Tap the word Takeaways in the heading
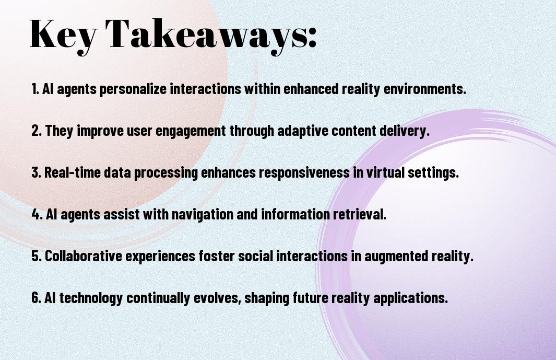pyautogui.click(x=207, y=35)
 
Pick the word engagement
pyautogui.click(x=191, y=131)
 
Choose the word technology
pyautogui.click(x=91, y=298)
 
